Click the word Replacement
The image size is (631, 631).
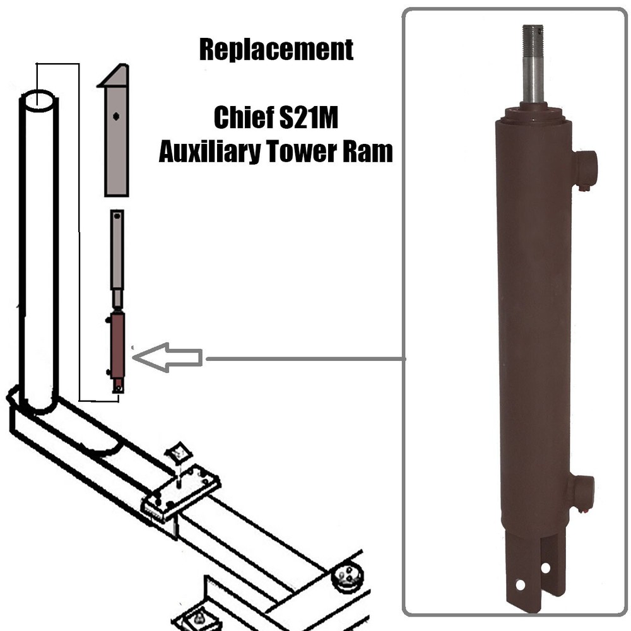click(276, 50)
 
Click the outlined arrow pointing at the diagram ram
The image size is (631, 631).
click(168, 358)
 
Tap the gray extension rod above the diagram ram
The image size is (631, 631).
click(117, 252)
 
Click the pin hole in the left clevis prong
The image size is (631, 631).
click(520, 584)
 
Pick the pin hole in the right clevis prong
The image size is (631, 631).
click(545, 567)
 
